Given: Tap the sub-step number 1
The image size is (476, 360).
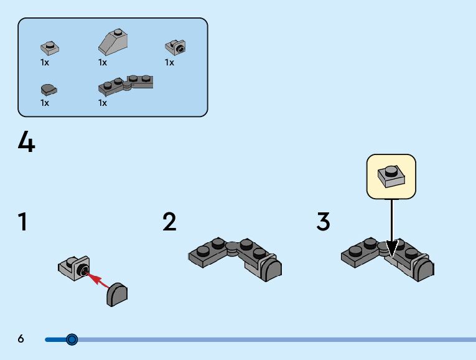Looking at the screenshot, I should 22,222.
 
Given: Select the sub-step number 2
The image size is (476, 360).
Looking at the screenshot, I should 169,222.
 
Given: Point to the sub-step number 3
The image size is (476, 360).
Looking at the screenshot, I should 323,222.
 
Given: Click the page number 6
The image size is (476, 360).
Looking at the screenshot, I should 21,339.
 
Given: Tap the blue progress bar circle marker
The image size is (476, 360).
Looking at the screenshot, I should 72,339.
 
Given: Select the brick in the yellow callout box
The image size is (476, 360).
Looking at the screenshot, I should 391,176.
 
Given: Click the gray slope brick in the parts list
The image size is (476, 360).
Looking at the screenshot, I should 113,42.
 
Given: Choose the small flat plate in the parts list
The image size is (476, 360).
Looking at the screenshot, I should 49,47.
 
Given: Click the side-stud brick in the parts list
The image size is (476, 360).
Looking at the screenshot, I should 176,46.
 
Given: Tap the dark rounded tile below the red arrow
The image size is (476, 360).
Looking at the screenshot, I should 117,293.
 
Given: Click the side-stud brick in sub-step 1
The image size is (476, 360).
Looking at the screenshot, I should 74,268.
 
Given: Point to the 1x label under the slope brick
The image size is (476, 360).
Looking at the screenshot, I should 103,62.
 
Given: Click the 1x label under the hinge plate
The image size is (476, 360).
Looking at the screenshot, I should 103,103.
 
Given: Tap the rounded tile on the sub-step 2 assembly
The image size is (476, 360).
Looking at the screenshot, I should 271,269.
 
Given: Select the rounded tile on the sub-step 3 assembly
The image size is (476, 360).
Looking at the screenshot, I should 424,269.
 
